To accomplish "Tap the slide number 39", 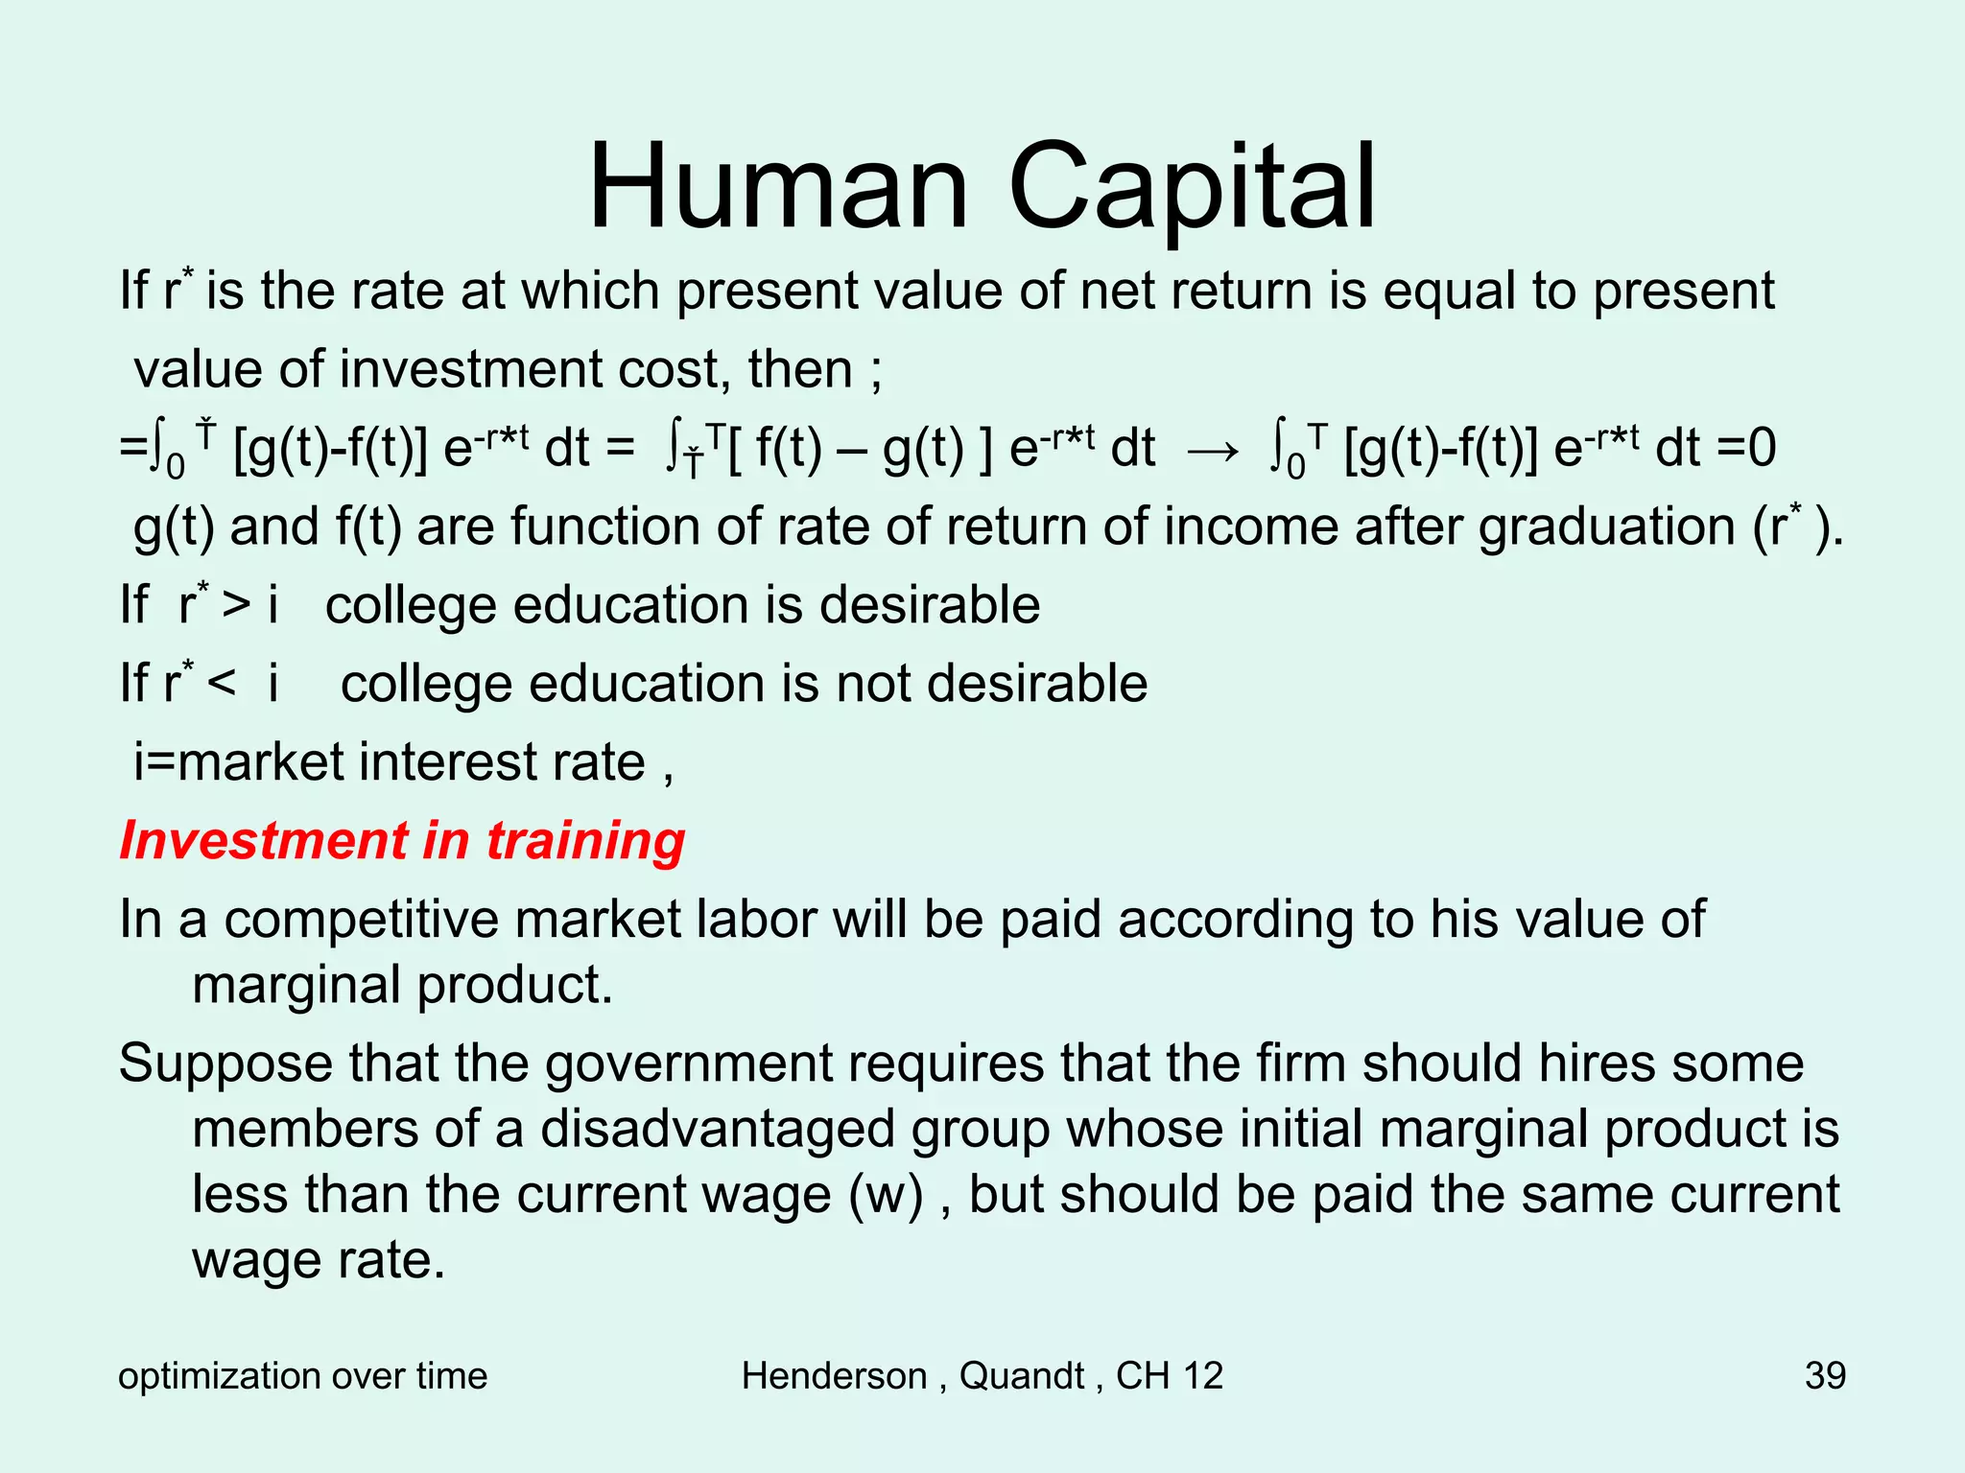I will [x=1825, y=1375].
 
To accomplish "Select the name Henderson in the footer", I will [x=834, y=1375].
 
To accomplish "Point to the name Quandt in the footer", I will [x=1022, y=1375].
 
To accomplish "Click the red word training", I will [x=585, y=841].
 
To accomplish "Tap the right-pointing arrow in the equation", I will [x=1213, y=449].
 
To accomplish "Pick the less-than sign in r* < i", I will [x=221, y=684].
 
